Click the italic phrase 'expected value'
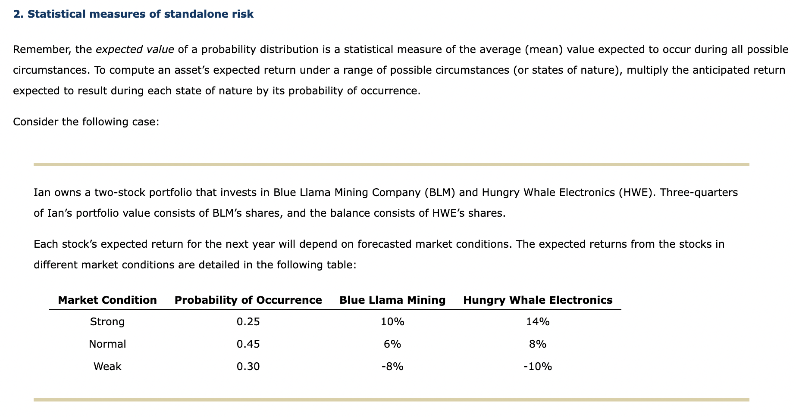[x=135, y=50]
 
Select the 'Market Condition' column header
[x=107, y=300]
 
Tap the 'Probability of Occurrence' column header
[x=248, y=300]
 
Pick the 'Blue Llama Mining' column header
[x=392, y=300]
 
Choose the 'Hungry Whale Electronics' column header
[x=538, y=300]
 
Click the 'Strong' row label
[x=107, y=322]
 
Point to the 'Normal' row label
[x=107, y=344]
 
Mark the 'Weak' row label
[x=107, y=367]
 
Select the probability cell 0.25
[x=248, y=322]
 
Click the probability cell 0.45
[x=248, y=344]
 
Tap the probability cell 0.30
[x=248, y=367]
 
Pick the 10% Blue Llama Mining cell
[x=392, y=322]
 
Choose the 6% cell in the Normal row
[x=392, y=344]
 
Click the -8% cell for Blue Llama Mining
[x=392, y=367]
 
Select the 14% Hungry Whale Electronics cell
[x=538, y=322]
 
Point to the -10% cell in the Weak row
[x=538, y=367]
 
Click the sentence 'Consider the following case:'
[x=86, y=122]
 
